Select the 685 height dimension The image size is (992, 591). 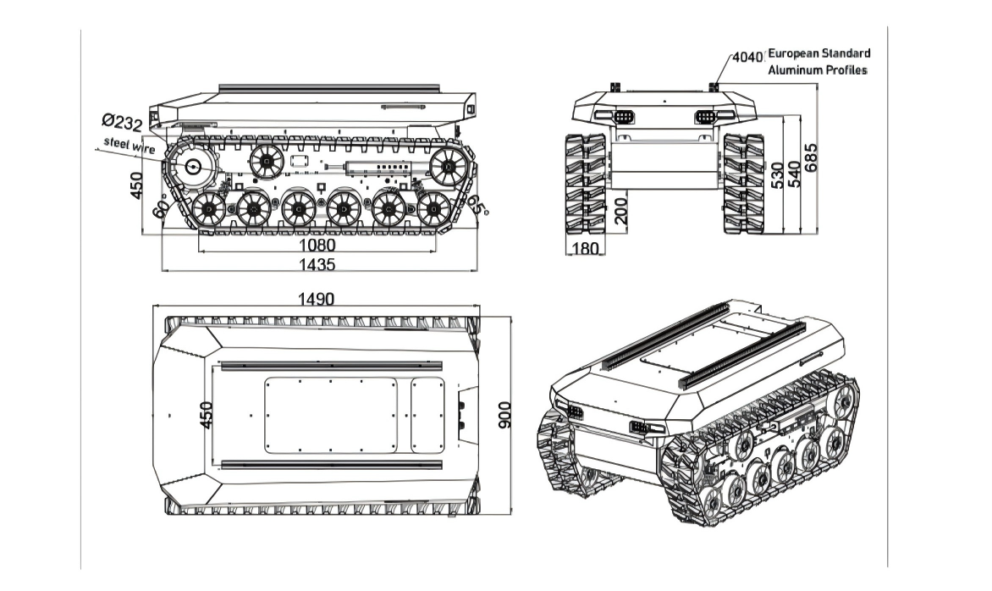point(812,158)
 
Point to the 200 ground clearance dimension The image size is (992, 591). point(622,208)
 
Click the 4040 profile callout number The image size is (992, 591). point(747,58)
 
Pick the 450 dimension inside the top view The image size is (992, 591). point(205,415)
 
